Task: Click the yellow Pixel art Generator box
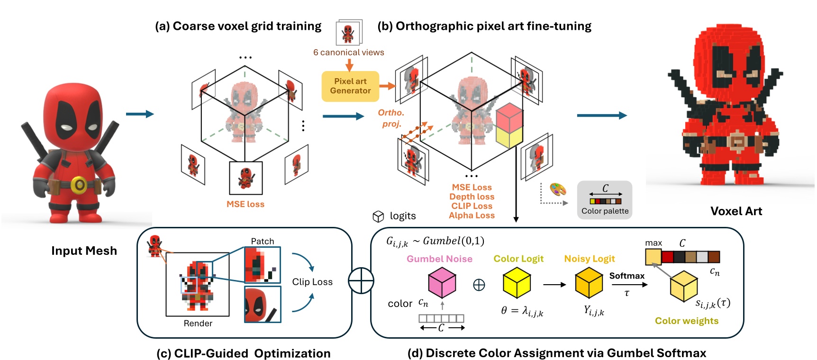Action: [x=350, y=86]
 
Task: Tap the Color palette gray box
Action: [x=605, y=200]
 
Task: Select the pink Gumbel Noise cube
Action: [x=442, y=282]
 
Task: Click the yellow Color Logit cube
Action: [x=516, y=282]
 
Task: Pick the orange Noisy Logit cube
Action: [x=589, y=282]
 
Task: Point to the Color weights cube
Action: [x=683, y=286]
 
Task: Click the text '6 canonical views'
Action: [x=348, y=53]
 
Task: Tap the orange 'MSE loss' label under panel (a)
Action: [x=245, y=204]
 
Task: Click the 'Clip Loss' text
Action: [x=312, y=282]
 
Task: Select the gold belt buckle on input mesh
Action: [x=79, y=185]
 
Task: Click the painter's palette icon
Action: [x=558, y=189]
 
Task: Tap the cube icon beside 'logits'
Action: [x=378, y=216]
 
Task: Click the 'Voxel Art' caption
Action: [x=736, y=211]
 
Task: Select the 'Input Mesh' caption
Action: [x=84, y=251]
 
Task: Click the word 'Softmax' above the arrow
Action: [x=626, y=276]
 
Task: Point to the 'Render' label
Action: [x=198, y=324]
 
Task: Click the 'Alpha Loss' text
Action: [x=472, y=216]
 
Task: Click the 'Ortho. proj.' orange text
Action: [x=391, y=118]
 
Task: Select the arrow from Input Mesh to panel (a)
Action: [x=140, y=114]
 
